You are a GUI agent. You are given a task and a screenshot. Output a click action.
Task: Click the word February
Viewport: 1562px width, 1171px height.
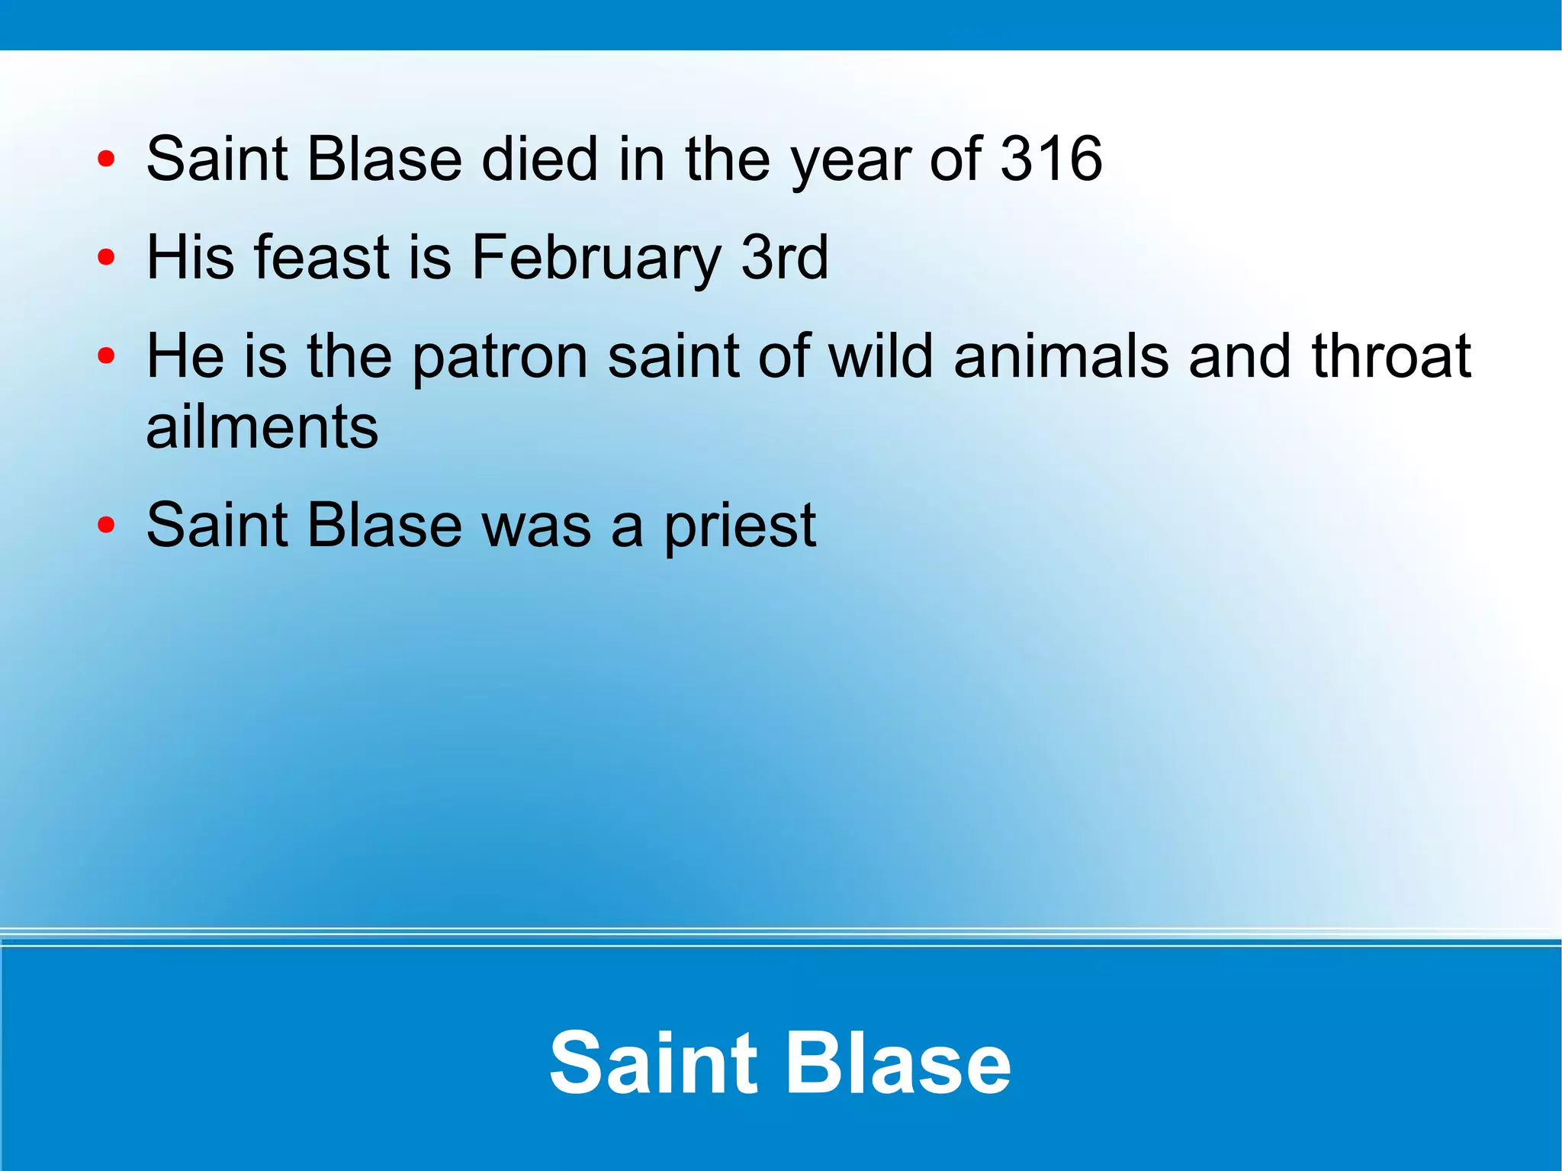click(596, 258)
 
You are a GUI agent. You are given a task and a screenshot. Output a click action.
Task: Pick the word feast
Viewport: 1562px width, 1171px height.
click(321, 257)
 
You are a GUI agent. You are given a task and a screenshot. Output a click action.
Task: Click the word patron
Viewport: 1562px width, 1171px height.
click(500, 357)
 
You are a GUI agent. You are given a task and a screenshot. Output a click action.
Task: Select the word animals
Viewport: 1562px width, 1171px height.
click(1061, 357)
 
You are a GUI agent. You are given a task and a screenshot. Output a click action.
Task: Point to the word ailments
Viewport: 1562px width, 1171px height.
click(262, 426)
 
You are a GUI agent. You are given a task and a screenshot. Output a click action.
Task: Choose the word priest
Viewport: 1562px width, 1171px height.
click(739, 526)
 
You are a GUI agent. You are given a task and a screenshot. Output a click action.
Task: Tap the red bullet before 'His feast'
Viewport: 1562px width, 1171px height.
click(106, 258)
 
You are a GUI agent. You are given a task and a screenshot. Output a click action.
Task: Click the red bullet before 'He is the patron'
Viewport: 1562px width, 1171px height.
click(106, 356)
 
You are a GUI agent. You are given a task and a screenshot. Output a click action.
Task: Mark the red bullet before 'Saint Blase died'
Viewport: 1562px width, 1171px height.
click(106, 159)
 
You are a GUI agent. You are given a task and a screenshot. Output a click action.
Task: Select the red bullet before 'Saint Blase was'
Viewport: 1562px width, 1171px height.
click(106, 526)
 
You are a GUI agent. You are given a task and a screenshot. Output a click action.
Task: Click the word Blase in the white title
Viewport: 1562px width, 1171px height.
click(897, 1062)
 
